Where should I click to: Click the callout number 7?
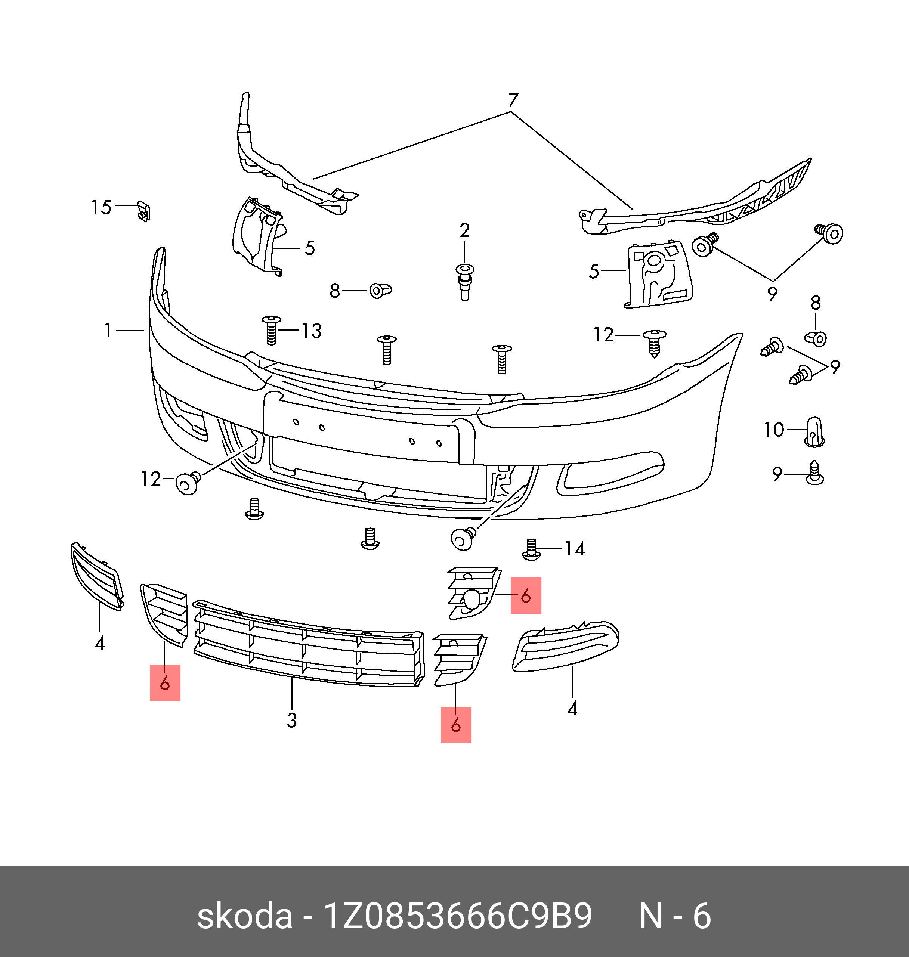513,100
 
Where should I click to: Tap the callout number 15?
101,207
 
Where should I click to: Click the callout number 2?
464,230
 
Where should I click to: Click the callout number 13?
311,331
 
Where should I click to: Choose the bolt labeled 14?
532,549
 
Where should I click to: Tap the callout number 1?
108,331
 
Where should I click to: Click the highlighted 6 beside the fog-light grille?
526,595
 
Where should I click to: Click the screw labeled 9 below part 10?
814,473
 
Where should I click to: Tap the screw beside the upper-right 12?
654,342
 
